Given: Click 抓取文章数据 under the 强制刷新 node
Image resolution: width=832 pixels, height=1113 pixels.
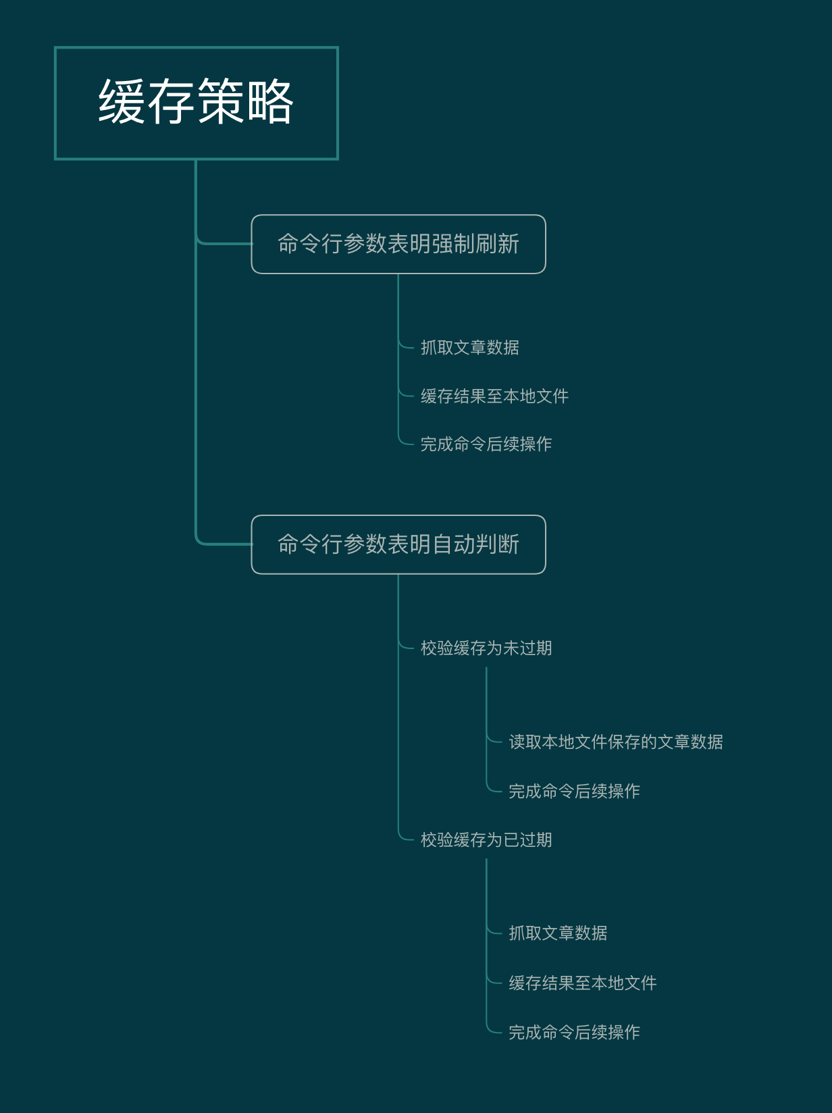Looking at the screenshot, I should click(x=469, y=347).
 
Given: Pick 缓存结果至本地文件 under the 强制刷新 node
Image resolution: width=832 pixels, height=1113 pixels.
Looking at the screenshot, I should click(x=494, y=396).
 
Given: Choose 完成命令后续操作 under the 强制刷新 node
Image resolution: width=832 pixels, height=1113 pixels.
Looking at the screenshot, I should click(x=486, y=444).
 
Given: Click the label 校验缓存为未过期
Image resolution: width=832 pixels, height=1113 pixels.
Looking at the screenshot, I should click(x=486, y=648).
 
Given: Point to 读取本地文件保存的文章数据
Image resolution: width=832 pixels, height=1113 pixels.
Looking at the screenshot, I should click(x=615, y=742).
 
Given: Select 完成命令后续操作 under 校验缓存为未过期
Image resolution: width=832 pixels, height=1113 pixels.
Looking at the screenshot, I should click(x=574, y=791).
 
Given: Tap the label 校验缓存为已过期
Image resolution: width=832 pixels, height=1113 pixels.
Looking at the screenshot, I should click(x=486, y=839).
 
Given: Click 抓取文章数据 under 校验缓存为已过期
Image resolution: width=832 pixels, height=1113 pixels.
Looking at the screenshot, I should click(x=558, y=933).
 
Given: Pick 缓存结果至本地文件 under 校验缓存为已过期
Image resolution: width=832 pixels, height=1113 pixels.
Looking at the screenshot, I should click(x=582, y=983).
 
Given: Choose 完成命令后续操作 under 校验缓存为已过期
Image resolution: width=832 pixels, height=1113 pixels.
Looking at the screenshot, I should click(x=574, y=1032).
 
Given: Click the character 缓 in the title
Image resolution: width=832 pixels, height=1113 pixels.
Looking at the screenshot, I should click(x=123, y=101).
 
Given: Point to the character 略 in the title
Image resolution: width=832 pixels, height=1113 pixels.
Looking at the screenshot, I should click(x=269, y=101).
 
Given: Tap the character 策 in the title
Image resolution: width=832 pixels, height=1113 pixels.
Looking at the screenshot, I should click(x=221, y=101).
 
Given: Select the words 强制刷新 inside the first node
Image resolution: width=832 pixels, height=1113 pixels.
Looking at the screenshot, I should click(x=475, y=244).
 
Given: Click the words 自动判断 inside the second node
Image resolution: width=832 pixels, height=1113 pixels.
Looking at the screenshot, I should click(x=475, y=544).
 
